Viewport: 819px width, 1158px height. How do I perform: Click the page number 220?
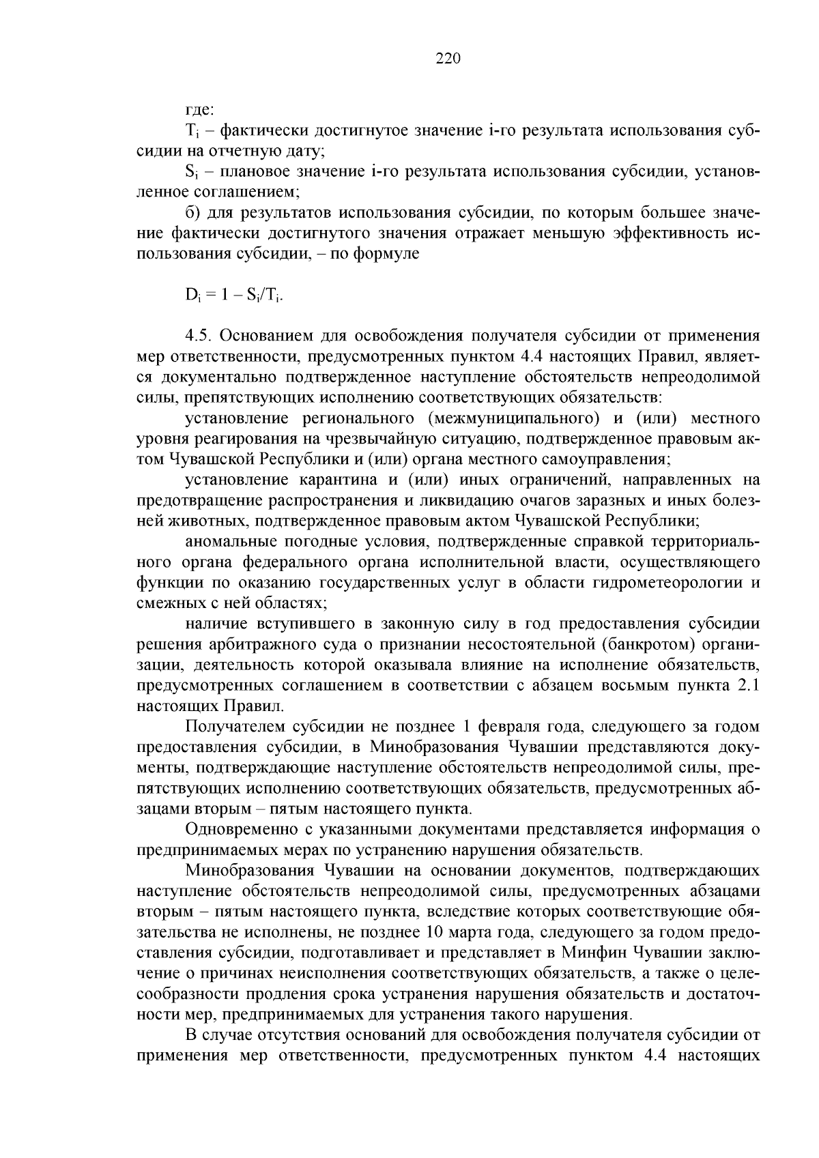pos(448,59)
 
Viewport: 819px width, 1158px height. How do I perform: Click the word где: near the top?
pos(200,109)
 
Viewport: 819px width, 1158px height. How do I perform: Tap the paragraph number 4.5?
pos(199,336)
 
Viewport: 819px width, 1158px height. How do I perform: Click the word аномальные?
pos(228,542)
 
